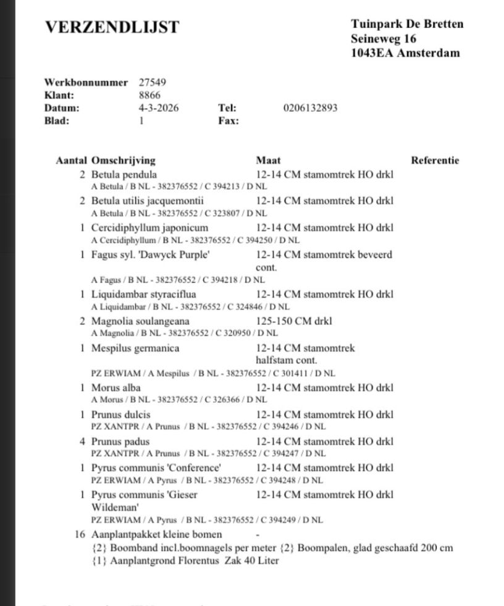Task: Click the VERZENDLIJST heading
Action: (112, 27)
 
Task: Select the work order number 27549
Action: (153, 82)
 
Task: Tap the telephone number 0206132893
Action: (311, 108)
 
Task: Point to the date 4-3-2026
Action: (159, 108)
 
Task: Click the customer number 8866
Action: (149, 95)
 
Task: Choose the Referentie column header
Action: (435, 161)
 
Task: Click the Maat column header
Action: (268, 161)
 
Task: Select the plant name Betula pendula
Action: (124, 175)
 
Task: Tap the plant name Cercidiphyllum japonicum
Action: (150, 227)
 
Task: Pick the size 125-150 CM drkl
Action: (294, 321)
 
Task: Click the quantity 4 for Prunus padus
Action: (82, 442)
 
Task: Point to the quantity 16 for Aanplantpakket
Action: (80, 534)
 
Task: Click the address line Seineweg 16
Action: (384, 39)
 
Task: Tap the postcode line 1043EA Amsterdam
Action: (405, 53)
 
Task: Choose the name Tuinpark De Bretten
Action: (407, 25)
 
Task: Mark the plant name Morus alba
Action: (116, 388)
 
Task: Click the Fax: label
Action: (229, 121)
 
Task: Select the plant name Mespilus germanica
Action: (135, 348)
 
